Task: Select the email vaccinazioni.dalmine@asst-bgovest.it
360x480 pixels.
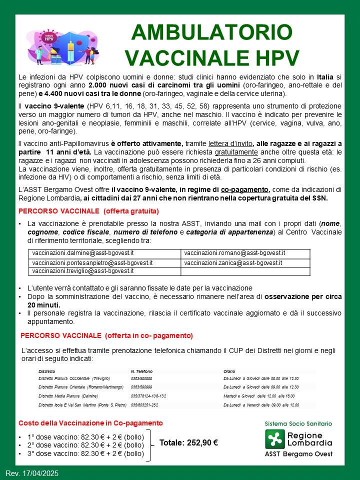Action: (x=83, y=253)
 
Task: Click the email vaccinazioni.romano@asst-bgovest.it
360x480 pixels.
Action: (x=234, y=253)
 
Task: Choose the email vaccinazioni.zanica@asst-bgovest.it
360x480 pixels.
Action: (x=233, y=262)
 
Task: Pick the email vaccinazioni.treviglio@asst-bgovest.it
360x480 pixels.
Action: (x=83, y=271)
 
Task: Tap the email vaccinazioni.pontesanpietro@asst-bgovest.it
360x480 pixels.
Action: (x=92, y=262)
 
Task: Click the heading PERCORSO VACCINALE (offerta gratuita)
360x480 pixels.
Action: (x=88, y=211)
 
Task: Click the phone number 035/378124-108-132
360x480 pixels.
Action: (x=148, y=395)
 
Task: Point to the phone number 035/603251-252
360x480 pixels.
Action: (x=144, y=404)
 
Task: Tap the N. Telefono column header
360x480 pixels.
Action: (x=141, y=371)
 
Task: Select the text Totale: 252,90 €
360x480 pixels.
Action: (x=188, y=443)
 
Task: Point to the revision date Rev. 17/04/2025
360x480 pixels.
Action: (x=31, y=473)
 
